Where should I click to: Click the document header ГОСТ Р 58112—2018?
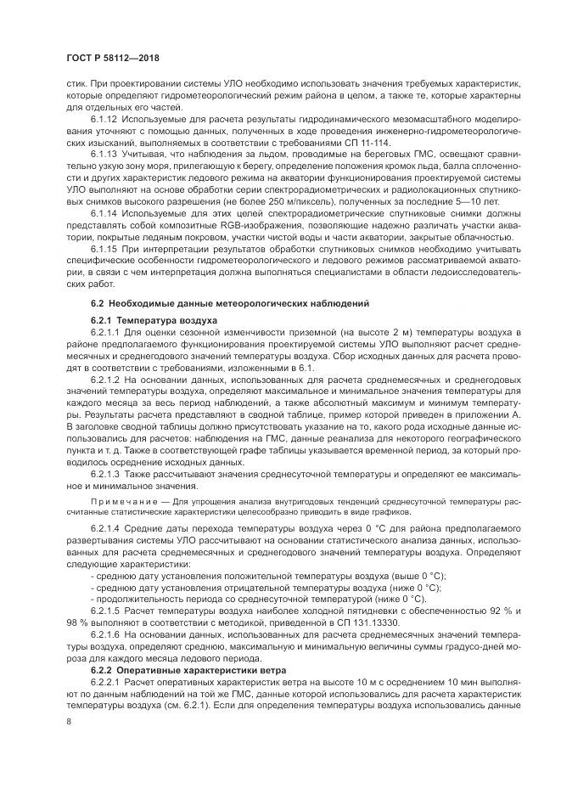click(112, 58)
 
